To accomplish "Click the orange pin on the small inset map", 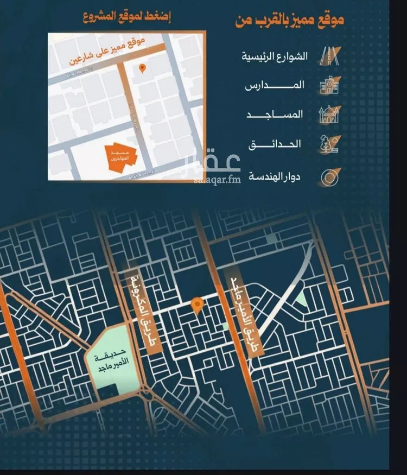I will pos(142,68).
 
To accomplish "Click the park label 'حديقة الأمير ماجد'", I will pos(108,360).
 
